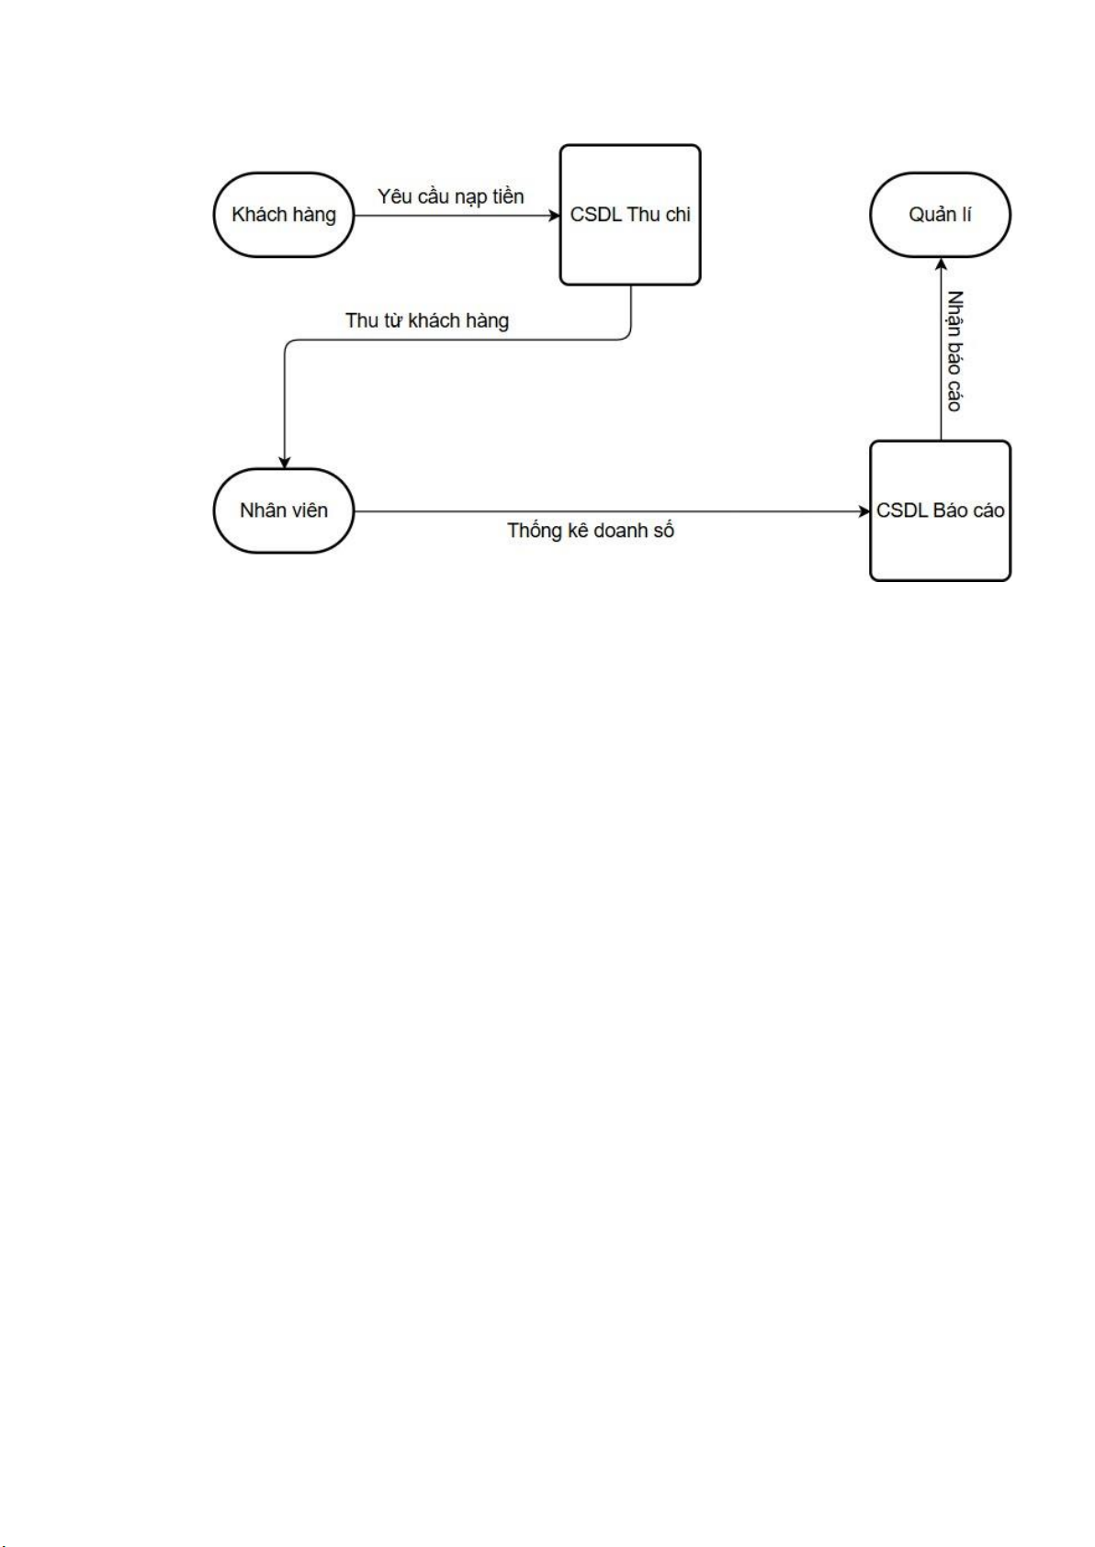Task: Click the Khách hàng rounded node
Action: pos(283,215)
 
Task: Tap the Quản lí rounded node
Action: pos(940,215)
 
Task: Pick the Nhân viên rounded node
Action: pos(283,511)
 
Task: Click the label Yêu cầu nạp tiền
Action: pos(450,196)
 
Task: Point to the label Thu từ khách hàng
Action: pos(427,320)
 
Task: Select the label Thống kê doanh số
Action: pos(591,531)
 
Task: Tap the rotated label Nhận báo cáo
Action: pos(954,351)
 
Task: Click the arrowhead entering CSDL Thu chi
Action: pos(555,216)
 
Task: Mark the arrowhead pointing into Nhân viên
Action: pos(285,463)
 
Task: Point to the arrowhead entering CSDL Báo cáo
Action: pos(864,511)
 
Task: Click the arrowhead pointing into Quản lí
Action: pos(940,263)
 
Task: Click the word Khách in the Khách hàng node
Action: pos(259,215)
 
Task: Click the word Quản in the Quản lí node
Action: pos(930,215)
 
